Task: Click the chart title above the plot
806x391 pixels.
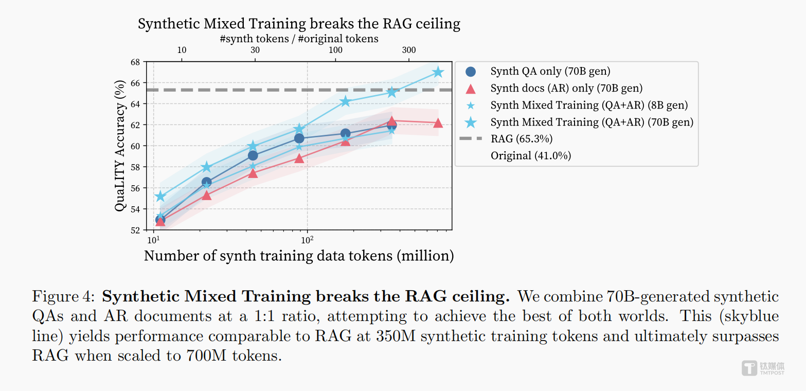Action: pos(299,24)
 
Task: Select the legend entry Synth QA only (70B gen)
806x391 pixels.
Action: pos(550,72)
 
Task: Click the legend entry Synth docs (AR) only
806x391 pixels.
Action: pos(566,88)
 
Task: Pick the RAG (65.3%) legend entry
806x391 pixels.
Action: pos(522,138)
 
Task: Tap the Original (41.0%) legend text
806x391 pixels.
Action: pos(531,155)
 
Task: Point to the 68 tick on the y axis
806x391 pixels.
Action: pos(135,62)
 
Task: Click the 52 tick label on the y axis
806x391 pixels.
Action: pos(135,230)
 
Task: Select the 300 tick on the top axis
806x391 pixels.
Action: pos(409,50)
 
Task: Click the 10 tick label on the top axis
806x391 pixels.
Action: pos(182,50)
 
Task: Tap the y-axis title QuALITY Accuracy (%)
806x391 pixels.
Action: pos(120,146)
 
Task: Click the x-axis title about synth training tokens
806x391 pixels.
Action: pos(299,256)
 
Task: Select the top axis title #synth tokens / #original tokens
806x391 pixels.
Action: pos(299,39)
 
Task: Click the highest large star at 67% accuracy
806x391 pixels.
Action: pos(438,73)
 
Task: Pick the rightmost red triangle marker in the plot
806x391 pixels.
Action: pos(438,123)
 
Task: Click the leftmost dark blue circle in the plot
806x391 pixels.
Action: pos(160,220)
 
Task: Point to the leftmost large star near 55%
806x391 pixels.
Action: pos(160,196)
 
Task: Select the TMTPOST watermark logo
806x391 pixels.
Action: pos(763,368)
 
